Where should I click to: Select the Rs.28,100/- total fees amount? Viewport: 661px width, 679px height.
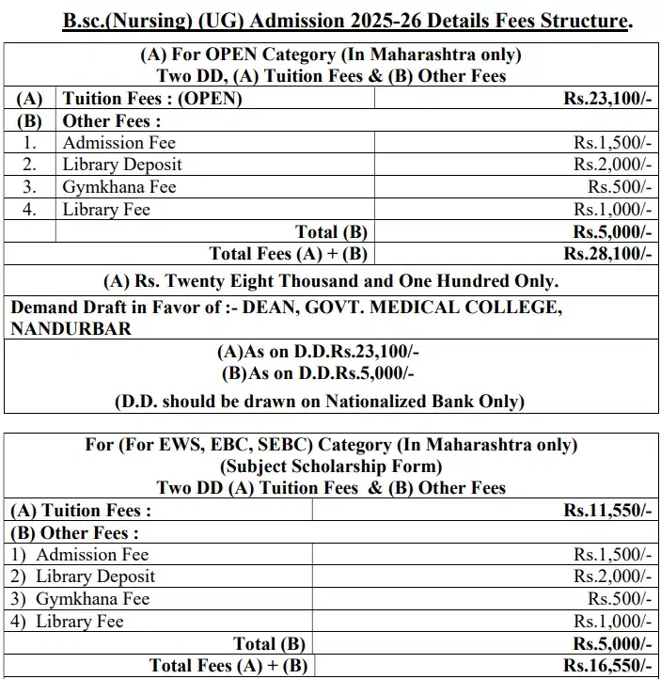[606, 254]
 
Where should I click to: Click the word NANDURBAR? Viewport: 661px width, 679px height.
[71, 328]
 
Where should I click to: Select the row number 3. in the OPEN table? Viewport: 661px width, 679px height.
[30, 186]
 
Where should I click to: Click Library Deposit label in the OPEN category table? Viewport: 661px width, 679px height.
[122, 165]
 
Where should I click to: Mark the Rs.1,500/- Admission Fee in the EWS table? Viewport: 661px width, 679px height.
[612, 555]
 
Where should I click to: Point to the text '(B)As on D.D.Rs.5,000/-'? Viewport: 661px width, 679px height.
[319, 371]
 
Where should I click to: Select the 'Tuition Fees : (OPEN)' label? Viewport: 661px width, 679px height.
[152, 98]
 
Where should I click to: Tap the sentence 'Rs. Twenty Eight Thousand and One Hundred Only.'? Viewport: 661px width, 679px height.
[330, 280]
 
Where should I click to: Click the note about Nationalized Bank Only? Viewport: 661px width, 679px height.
[320, 401]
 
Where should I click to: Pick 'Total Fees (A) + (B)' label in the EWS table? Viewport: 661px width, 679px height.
[228, 666]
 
